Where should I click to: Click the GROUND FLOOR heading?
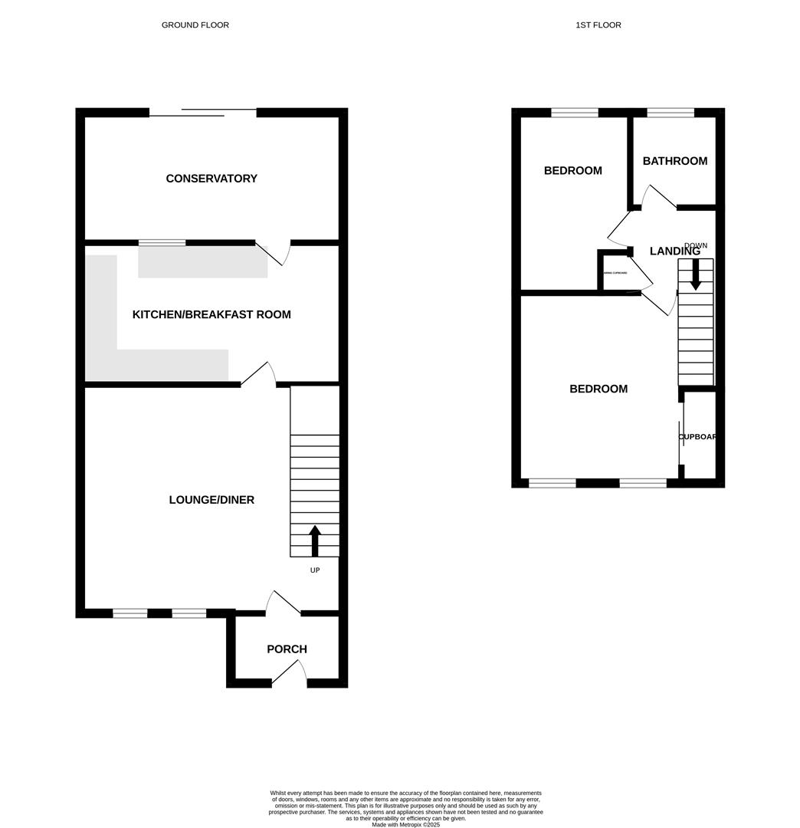[x=195, y=25]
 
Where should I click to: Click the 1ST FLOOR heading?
[x=598, y=25]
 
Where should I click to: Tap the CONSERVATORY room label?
[x=211, y=179]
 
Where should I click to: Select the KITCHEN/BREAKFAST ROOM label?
[x=211, y=314]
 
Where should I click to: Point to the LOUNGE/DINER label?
[x=211, y=500]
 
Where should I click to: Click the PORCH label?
[x=287, y=649]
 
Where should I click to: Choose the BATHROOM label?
[x=674, y=161]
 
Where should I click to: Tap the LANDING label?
[x=674, y=251]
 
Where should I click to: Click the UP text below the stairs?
[x=314, y=570]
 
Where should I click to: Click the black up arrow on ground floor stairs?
[x=314, y=540]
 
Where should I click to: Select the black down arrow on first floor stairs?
[x=695, y=274]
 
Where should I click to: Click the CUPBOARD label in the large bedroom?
[x=697, y=437]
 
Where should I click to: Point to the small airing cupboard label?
[x=615, y=273]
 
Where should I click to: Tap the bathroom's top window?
[x=670, y=113]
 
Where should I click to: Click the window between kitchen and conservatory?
[x=162, y=243]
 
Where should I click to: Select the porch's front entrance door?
[x=290, y=675]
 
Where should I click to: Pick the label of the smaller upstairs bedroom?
[x=572, y=171]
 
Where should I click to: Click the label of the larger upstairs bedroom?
[x=598, y=389]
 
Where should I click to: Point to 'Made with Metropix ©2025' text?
[x=405, y=824]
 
